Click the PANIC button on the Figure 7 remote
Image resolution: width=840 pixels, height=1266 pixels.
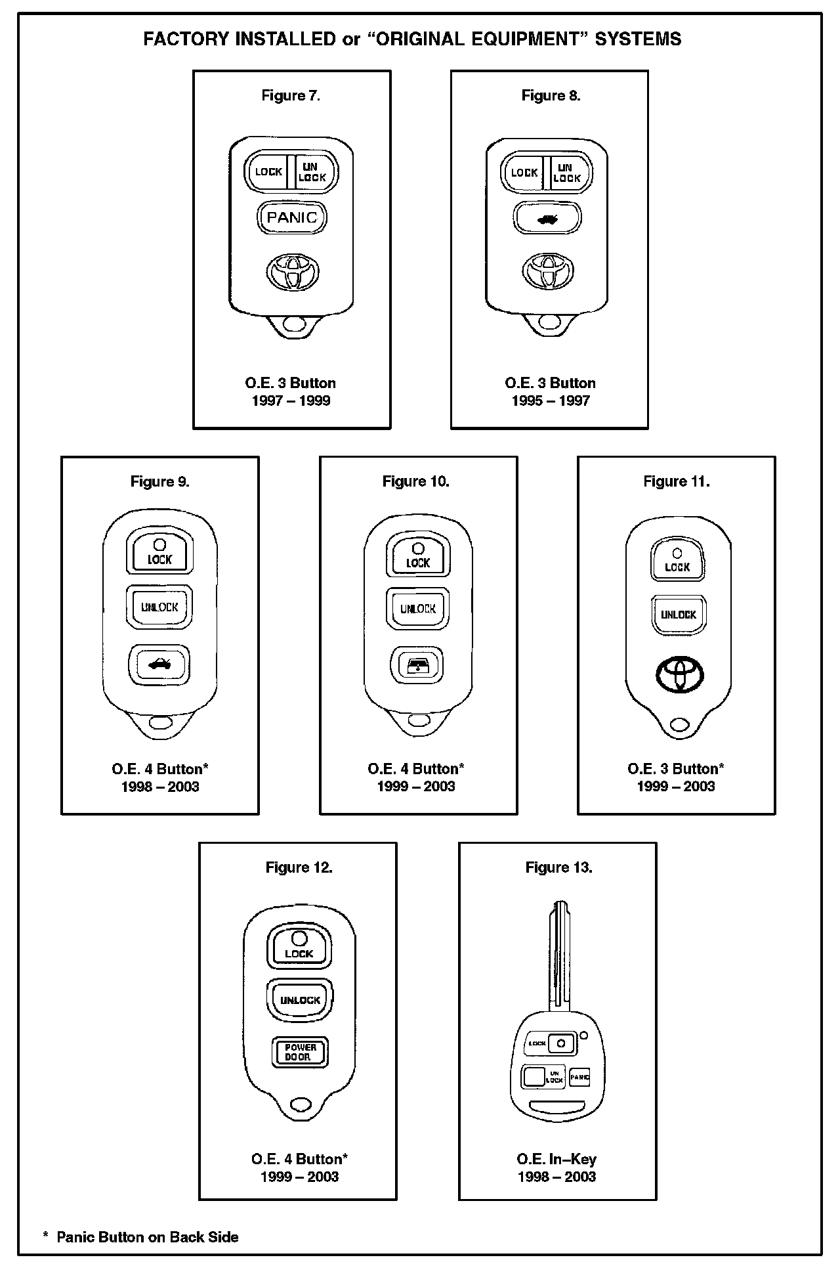pos(292,217)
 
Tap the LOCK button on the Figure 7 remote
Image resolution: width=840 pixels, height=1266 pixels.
pos(268,172)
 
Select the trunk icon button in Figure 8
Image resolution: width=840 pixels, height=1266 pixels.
pos(547,219)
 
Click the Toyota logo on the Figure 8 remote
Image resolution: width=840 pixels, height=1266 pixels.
pos(547,271)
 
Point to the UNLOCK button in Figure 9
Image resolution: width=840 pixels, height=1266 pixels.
pos(159,607)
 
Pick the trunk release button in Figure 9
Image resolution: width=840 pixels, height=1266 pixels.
pos(159,665)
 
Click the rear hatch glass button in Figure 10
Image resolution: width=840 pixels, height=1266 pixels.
pos(417,666)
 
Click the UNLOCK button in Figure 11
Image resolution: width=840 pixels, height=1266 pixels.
pos(678,615)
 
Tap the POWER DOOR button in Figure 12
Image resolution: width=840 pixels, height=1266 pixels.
pos(300,1052)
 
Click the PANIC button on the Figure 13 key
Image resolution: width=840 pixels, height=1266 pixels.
pos(579,1077)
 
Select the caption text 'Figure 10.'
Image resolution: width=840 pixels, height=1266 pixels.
pos(416,481)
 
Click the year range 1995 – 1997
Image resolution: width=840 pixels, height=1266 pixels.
pos(551,401)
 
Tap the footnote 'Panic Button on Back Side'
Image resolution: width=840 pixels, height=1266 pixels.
pos(147,1237)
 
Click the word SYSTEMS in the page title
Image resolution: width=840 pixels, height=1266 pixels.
pos(638,39)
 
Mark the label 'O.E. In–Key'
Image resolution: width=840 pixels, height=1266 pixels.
pos(556,1159)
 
